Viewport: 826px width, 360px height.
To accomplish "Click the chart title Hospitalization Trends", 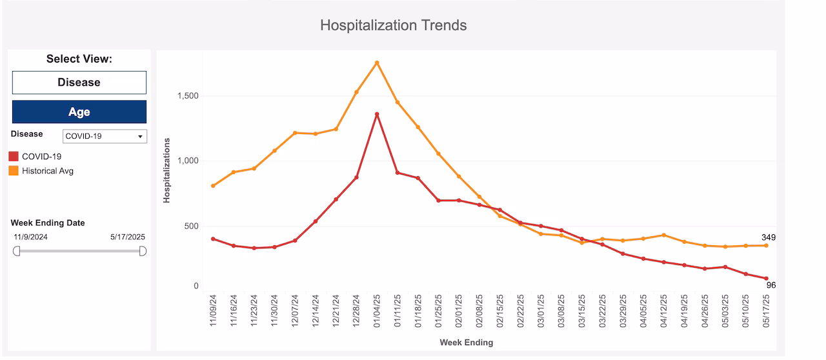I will (x=393, y=26).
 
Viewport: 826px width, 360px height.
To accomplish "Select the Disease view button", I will (x=79, y=83).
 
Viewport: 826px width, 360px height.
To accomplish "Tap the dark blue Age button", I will (x=79, y=112).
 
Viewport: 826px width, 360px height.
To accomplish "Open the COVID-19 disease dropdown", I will (x=105, y=136).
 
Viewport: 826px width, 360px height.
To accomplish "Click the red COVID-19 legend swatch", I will (x=14, y=156).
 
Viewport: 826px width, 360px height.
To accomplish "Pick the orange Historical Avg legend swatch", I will (x=14, y=171).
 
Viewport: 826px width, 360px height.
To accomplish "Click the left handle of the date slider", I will (x=17, y=250).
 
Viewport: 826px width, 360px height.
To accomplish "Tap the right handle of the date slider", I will (x=143, y=250).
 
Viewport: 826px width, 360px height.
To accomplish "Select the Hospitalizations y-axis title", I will (x=166, y=170).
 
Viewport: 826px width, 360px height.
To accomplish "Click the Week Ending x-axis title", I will (x=466, y=342).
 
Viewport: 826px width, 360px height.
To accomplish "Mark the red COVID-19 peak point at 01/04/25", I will (x=377, y=114).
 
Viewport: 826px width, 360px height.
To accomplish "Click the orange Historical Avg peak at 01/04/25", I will (x=377, y=63).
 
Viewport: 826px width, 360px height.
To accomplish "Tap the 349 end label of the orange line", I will (x=767, y=237).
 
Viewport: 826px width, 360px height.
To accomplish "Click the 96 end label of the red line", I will (x=771, y=285).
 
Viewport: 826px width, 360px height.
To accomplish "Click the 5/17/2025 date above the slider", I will (x=128, y=237).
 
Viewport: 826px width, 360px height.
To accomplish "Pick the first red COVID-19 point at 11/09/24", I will (x=213, y=239).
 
